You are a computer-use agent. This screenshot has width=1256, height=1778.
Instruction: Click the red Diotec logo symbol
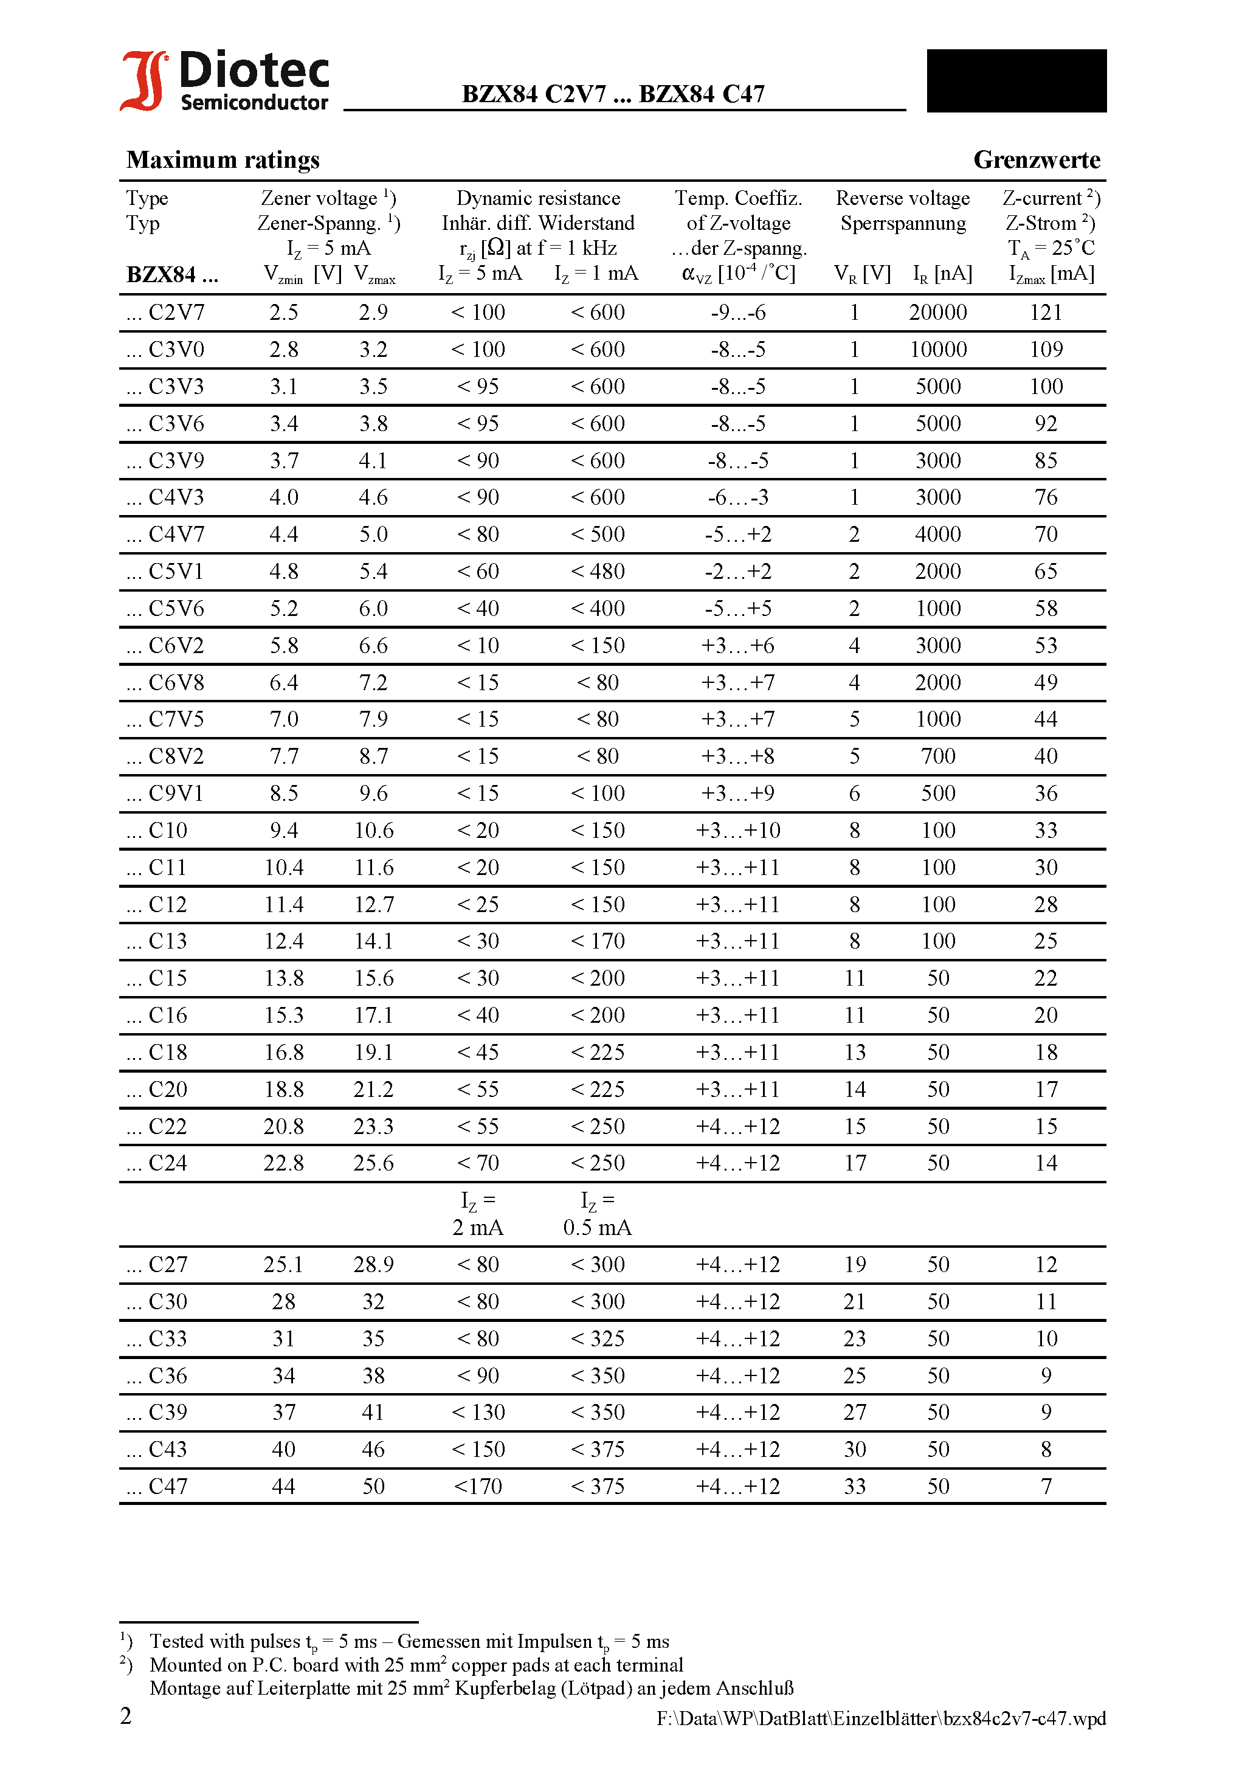[x=143, y=80]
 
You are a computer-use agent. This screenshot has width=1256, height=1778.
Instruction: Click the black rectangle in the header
[x=1016, y=80]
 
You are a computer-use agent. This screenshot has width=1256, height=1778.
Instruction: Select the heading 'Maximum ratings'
[x=223, y=159]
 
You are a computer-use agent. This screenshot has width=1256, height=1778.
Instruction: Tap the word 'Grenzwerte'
[x=1036, y=159]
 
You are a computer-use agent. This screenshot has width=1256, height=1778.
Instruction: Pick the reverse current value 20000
[x=937, y=312]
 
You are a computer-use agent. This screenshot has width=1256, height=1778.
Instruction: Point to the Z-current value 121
[x=1046, y=312]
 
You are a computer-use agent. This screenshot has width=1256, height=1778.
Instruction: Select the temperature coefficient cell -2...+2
[x=738, y=572]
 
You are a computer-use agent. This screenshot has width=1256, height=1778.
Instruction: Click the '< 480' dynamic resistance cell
[x=597, y=572]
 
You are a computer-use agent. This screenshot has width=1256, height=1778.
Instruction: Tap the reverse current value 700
[x=937, y=756]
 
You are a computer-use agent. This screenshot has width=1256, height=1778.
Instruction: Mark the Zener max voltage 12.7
[x=373, y=904]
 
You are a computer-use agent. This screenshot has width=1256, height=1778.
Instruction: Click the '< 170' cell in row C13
[x=597, y=941]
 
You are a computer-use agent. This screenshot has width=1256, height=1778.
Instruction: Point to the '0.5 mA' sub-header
[x=597, y=1228]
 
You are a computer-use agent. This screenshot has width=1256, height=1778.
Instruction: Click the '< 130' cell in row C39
[x=478, y=1413]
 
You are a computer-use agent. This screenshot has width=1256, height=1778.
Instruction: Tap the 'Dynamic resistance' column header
[x=538, y=198]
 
